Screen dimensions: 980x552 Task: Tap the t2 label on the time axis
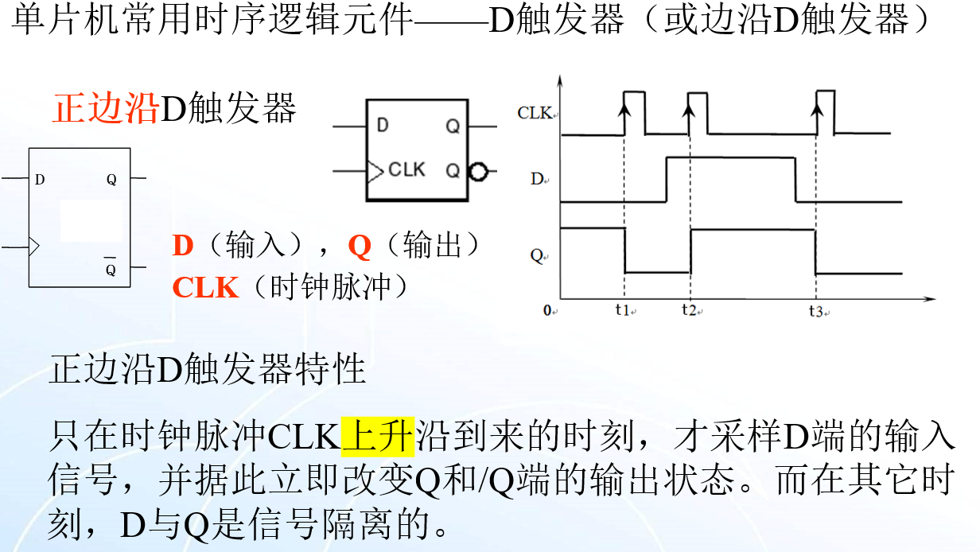click(689, 309)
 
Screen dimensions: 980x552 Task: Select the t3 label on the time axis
click(816, 311)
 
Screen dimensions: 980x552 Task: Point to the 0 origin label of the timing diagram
click(548, 310)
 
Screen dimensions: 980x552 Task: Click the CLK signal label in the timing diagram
click(535, 113)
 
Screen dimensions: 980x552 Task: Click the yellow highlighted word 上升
click(378, 436)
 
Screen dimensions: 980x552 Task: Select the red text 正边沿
click(106, 109)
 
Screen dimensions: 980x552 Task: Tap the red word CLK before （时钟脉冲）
click(205, 287)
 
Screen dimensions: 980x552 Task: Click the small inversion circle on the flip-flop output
click(476, 171)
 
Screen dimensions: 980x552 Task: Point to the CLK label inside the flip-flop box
click(406, 169)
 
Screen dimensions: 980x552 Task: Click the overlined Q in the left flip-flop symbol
click(111, 270)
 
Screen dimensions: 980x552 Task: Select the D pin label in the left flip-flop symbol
click(40, 180)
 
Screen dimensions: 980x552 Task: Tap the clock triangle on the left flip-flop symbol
click(33, 247)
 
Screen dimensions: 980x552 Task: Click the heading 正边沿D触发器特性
click(207, 370)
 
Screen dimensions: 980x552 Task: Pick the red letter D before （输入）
click(183, 246)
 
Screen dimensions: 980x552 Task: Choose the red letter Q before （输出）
click(360, 246)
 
